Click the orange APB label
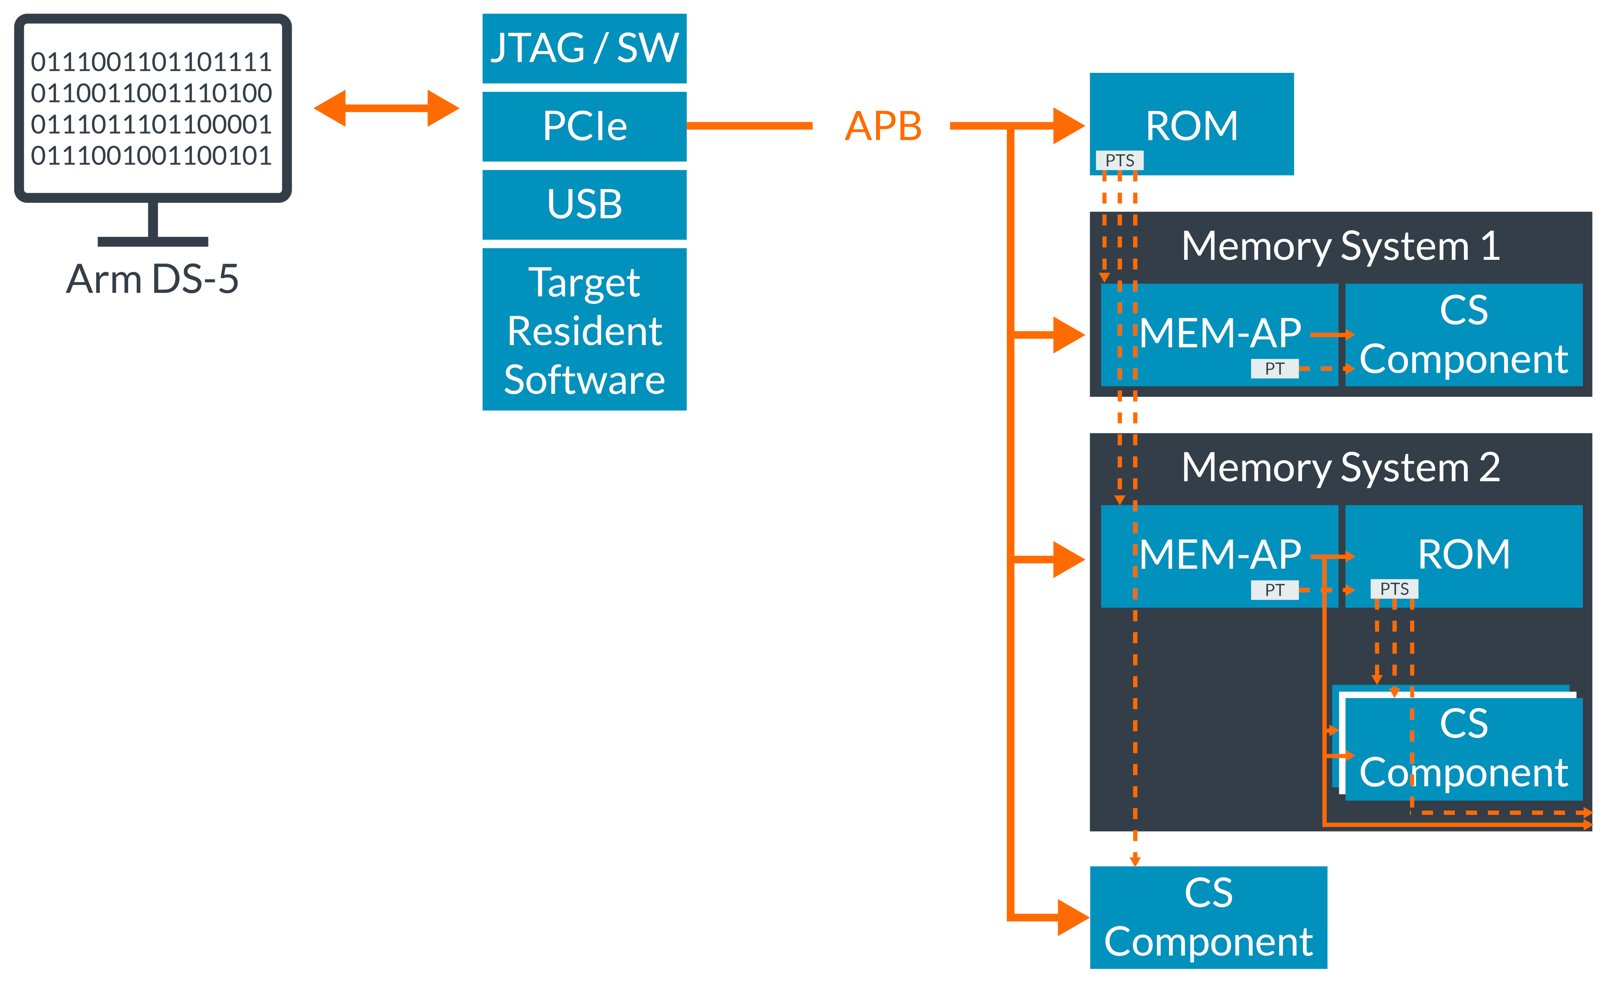coord(883,126)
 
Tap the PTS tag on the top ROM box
coord(1119,160)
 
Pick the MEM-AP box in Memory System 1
coord(1219,333)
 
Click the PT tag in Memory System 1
coord(1275,368)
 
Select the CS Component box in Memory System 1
coord(1463,335)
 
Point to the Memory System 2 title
coord(1340,468)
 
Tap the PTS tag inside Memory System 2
coord(1394,589)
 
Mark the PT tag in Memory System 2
coord(1275,590)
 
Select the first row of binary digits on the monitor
coord(151,62)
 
